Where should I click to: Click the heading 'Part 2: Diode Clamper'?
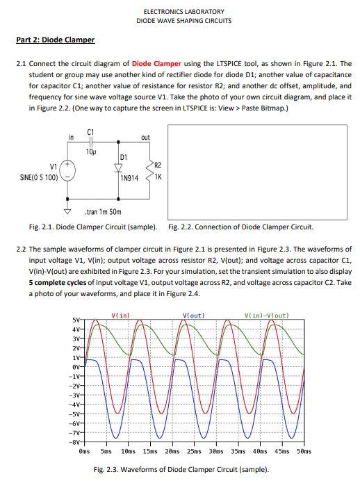pyautogui.click(x=55, y=40)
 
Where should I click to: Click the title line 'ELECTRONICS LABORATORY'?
pyautogui.click(x=183, y=12)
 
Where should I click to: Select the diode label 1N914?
pyautogui.click(x=129, y=178)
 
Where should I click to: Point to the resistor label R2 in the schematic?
pyautogui.click(x=157, y=165)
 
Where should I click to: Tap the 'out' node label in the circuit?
pyautogui.click(x=145, y=138)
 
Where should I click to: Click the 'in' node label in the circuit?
pyautogui.click(x=71, y=138)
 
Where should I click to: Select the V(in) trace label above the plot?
pyautogui.click(x=121, y=316)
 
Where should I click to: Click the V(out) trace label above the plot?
pyautogui.click(x=193, y=316)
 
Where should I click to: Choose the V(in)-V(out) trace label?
pyautogui.click(x=267, y=316)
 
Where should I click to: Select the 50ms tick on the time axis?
pyautogui.click(x=304, y=450)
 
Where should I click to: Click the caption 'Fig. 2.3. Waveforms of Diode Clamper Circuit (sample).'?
pyautogui.click(x=181, y=469)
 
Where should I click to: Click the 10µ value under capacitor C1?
pyautogui.click(x=91, y=151)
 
